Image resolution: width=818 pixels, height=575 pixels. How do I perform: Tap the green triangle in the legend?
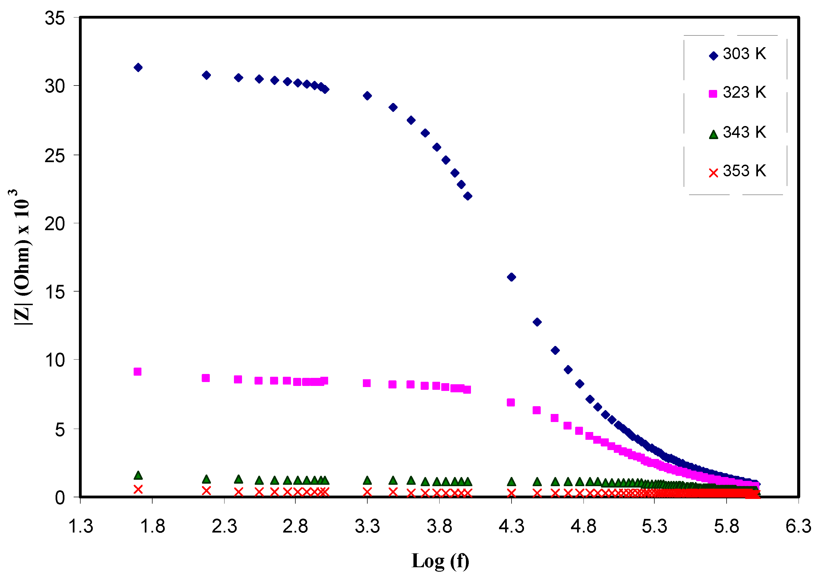(713, 134)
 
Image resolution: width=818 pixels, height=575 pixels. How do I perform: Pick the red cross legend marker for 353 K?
(713, 173)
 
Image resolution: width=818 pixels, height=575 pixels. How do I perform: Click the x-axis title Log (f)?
(440, 561)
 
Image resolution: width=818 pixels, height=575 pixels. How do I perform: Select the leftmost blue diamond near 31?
(138, 67)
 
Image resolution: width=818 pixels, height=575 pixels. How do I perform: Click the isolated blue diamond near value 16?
(511, 277)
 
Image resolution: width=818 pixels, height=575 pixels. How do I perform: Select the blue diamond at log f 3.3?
(367, 96)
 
